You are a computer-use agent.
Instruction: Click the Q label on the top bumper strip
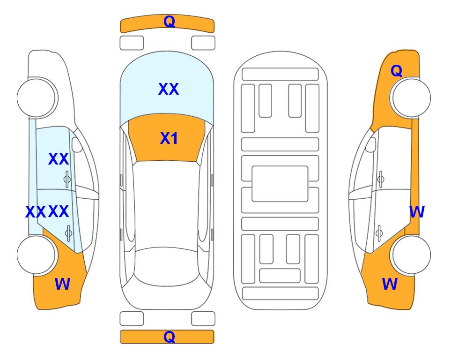pos(169,22)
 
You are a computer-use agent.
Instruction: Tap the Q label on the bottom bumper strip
pos(169,337)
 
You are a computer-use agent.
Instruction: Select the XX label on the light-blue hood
pos(169,89)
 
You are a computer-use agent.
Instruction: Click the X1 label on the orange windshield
pos(169,138)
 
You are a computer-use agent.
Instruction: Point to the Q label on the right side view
pos(396,71)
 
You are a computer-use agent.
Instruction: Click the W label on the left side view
pos(62,284)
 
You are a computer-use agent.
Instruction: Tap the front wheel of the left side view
pos(37,98)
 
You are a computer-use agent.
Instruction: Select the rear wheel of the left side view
pos(37,255)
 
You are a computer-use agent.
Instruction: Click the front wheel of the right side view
pos(410,97)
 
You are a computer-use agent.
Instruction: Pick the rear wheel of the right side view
pos(410,255)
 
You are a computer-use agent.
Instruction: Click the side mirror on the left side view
pos(77,144)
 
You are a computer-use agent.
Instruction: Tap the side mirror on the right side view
pos(370,144)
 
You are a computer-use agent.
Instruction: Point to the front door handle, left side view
pos(67,179)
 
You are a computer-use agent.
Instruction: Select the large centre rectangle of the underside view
pos(280,184)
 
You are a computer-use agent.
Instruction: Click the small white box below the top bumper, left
pos(132,43)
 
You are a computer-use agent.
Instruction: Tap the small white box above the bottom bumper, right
pos(203,319)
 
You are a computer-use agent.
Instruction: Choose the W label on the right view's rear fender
pos(390,284)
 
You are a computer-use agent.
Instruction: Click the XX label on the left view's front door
pos(59,159)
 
